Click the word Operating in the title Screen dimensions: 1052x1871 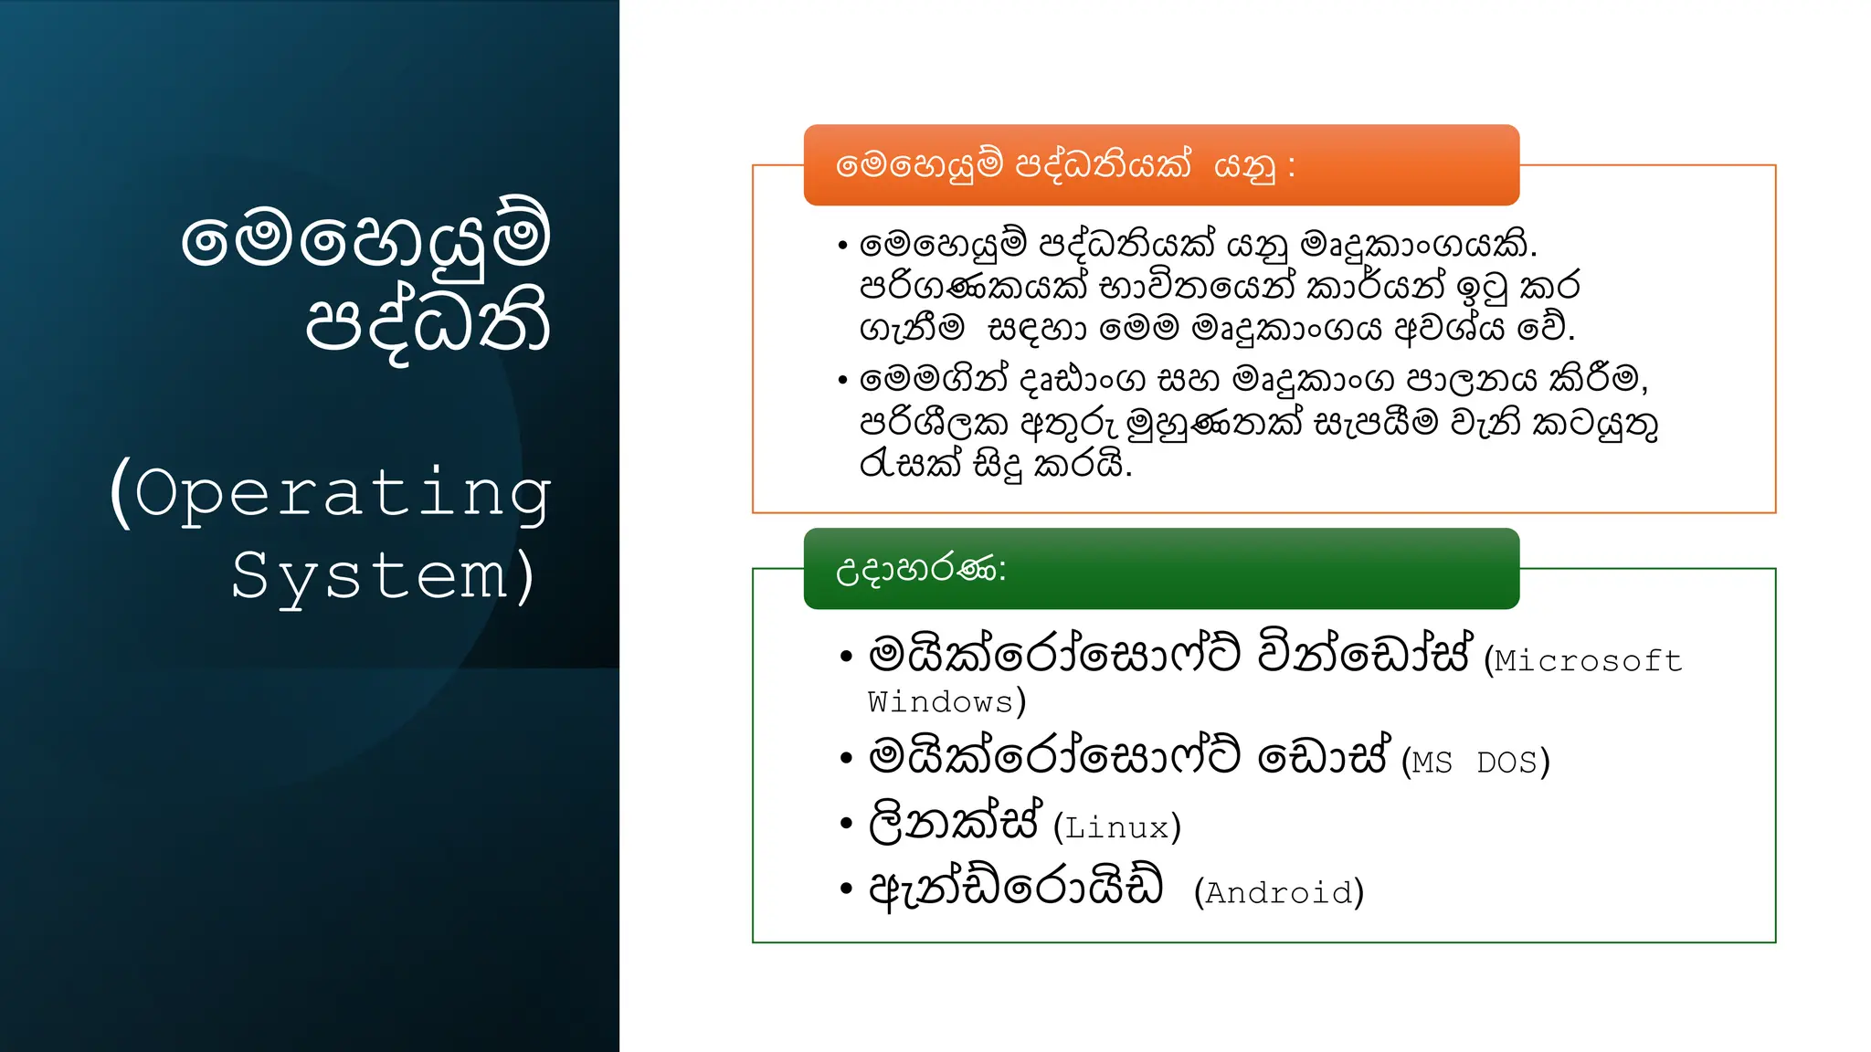[x=343, y=493]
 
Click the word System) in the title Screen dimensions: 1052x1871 [x=384, y=576]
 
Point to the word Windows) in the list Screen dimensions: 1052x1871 [x=946, y=702]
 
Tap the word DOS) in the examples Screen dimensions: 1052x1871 [x=1513, y=763]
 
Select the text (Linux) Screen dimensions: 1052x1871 [x=1116, y=827]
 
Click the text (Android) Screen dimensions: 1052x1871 [x=1279, y=892]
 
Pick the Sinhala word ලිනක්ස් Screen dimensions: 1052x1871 [x=954, y=821]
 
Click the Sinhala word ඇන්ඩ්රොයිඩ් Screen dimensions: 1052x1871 [x=1015, y=887]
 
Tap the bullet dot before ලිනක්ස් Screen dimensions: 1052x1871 [x=846, y=824]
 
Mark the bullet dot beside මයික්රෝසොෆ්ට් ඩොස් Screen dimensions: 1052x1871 [x=846, y=757]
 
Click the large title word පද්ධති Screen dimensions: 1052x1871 [x=427, y=321]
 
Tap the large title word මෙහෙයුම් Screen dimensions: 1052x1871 [x=366, y=237]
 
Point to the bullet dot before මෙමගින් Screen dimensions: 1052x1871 [x=842, y=380]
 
